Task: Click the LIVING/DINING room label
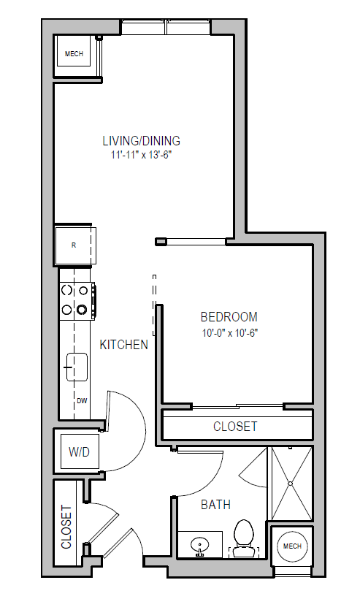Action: click(x=141, y=141)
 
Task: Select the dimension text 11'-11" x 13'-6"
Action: click(x=141, y=155)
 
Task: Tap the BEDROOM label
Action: click(x=229, y=317)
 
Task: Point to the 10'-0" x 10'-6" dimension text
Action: click(x=229, y=332)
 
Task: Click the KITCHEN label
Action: click(x=124, y=345)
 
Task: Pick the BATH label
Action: click(x=215, y=505)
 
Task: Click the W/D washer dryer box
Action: click(x=79, y=452)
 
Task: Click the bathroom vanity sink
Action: click(x=198, y=544)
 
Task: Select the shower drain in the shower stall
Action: click(x=291, y=483)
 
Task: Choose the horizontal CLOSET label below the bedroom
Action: click(x=235, y=426)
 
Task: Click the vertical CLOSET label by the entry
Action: click(x=66, y=527)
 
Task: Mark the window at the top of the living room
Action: click(x=166, y=28)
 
